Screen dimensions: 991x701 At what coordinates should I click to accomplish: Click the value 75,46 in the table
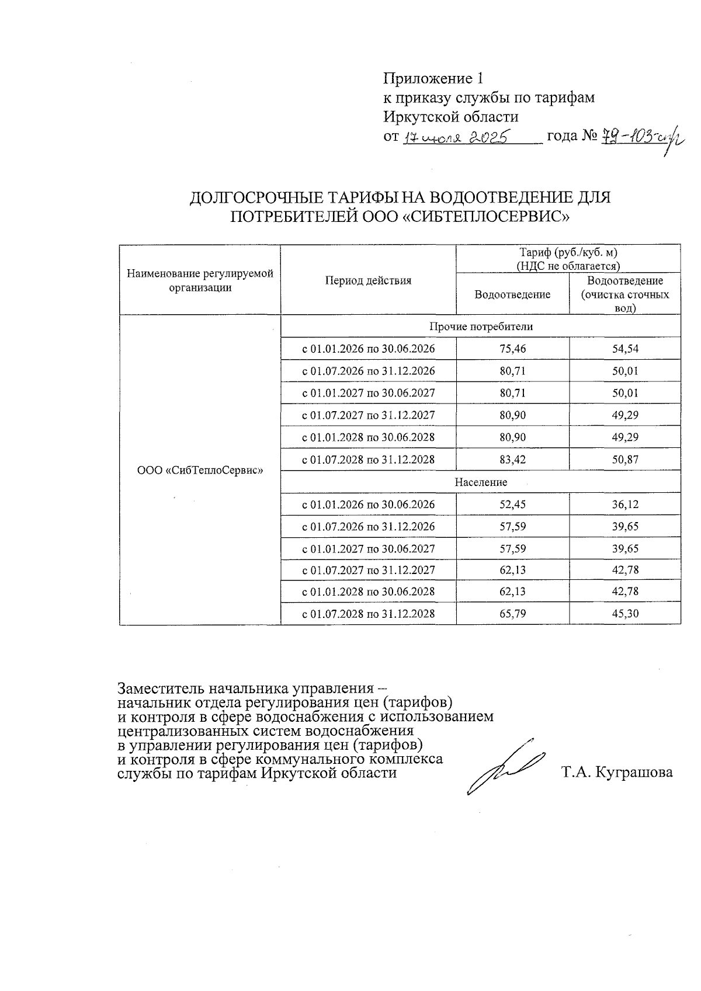[512, 349]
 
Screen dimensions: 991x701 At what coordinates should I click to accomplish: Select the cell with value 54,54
[624, 349]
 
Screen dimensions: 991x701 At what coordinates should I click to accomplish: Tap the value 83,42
[512, 460]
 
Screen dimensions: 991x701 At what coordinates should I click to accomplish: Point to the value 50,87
[624, 460]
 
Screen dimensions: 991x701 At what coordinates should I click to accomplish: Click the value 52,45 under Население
[512, 505]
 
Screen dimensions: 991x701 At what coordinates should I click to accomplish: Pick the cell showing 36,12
[624, 505]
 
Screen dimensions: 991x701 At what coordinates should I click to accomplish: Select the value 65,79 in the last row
[512, 614]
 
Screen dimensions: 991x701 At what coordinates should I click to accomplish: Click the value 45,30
[624, 614]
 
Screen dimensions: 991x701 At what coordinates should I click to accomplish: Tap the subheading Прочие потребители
[480, 326]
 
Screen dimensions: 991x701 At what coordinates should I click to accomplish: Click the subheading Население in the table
[480, 482]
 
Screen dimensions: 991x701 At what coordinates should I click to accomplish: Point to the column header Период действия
[368, 280]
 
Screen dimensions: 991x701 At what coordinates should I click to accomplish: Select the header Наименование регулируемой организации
[200, 280]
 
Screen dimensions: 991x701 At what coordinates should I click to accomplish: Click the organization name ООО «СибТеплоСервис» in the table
[200, 470]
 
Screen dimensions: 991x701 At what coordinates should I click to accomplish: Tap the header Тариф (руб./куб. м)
[568, 253]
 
